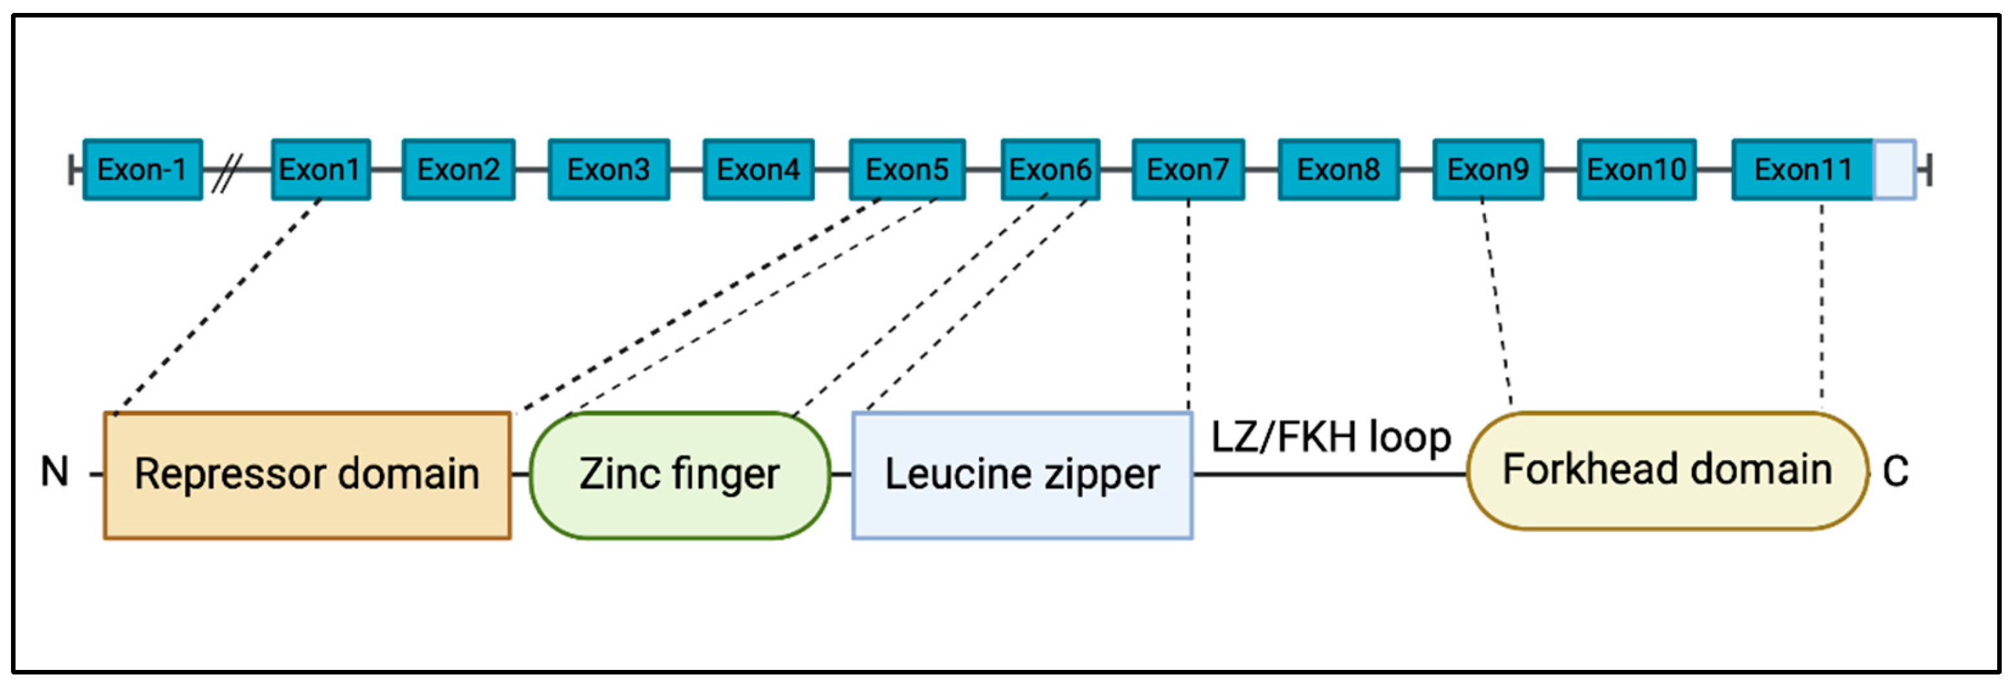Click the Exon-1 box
point(142,170)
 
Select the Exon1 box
point(320,170)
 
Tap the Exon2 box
point(458,170)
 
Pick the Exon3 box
point(608,170)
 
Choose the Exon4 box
point(758,170)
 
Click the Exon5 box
point(907,170)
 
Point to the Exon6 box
point(1050,170)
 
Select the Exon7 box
point(1188,170)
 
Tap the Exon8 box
point(1338,170)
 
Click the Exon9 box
point(1488,170)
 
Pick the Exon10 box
point(1636,170)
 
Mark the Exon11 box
point(1802,170)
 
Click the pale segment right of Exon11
point(1894,170)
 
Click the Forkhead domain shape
point(1667,470)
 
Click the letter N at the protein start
point(55,472)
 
